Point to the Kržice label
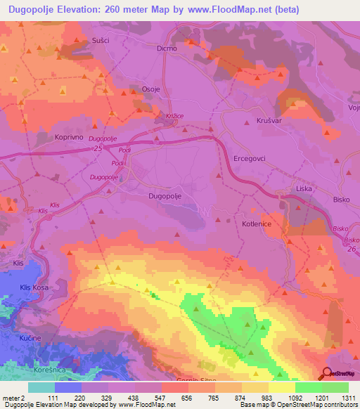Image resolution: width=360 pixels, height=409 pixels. pyautogui.click(x=176, y=114)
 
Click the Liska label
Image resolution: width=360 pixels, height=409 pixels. pyautogui.click(x=304, y=189)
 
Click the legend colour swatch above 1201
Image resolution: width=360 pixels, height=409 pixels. pyautogui.click(x=308, y=387)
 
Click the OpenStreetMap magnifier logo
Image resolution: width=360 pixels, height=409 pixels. pyautogui.click(x=328, y=373)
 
